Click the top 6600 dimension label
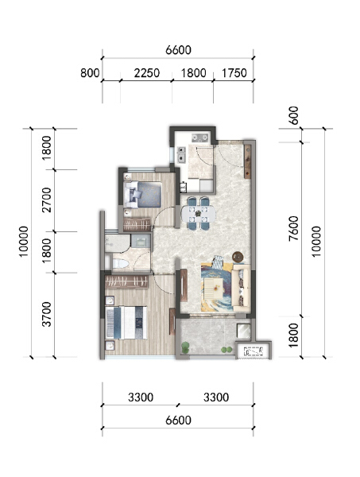point(178,50)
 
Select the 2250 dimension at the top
point(147,73)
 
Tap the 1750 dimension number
point(234,73)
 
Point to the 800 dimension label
point(90,73)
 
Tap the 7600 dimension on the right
point(293,231)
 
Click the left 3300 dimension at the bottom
point(139,397)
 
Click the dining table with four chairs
point(198,215)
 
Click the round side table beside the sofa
point(237,256)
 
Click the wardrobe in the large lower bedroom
point(128,281)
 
